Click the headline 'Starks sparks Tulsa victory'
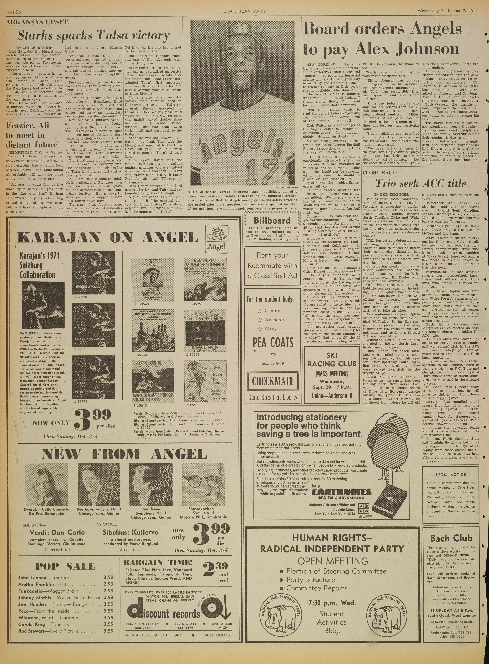point(93,36)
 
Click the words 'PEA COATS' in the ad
point(273,343)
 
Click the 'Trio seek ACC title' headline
point(421,183)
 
